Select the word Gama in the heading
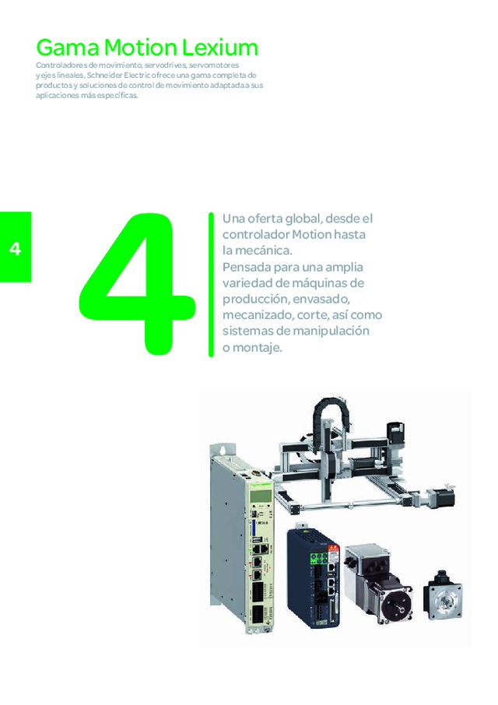click(x=63, y=47)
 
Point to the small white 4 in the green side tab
click(x=15, y=250)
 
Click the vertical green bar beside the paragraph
click(x=210, y=284)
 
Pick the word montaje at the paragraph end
click(x=258, y=348)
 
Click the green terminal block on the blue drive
click(x=319, y=556)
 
